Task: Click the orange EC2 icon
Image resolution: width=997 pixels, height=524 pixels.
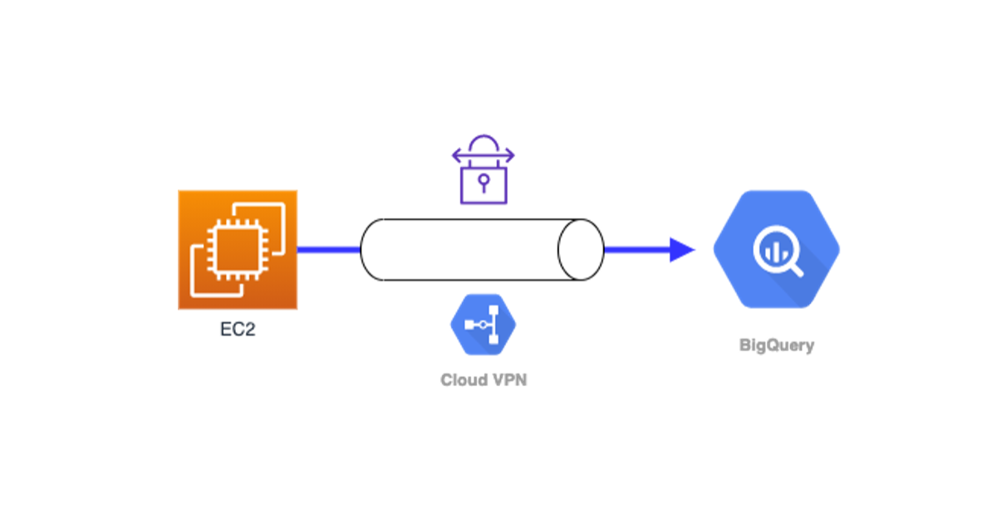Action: pos(238,249)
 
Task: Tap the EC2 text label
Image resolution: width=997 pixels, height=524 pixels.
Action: pos(238,328)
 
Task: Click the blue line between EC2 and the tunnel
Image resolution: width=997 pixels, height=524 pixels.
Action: pos(328,249)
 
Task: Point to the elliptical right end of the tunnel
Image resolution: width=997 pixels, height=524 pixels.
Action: pos(580,250)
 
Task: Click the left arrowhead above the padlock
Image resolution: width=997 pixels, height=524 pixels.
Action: pos(456,155)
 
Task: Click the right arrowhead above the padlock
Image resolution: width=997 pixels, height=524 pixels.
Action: pos(510,155)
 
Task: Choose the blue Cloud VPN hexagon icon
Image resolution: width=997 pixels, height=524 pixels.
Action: pos(483,325)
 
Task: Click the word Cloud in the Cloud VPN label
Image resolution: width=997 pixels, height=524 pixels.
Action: pos(463,380)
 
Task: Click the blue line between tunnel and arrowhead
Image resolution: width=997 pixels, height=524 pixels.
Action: pos(636,249)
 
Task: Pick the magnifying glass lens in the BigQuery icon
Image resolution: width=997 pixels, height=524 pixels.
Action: pos(772,246)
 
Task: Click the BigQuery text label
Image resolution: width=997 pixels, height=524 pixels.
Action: pos(777,345)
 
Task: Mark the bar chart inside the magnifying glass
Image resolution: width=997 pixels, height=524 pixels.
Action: pos(772,247)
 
